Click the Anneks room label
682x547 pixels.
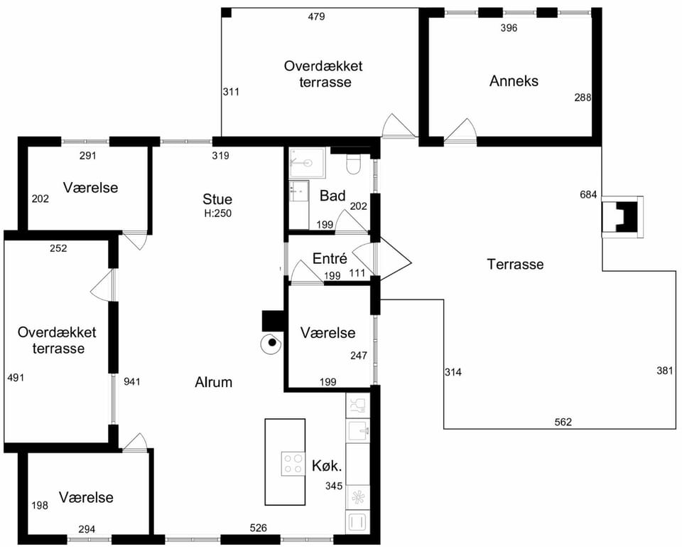[x=514, y=81]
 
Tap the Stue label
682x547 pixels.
[x=217, y=199]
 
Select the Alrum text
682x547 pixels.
[x=214, y=382]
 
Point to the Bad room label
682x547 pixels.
[x=332, y=196]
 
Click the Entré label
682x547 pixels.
[x=330, y=258]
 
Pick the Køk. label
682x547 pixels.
[x=327, y=466]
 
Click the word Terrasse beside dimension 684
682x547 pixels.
[x=516, y=264]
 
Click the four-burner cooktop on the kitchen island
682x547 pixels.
[x=293, y=463]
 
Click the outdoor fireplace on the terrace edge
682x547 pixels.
[x=622, y=217]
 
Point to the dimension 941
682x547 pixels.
[x=132, y=381]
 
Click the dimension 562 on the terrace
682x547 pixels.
[x=563, y=422]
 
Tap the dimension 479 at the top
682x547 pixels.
[x=316, y=16]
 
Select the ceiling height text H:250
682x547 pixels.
[x=218, y=213]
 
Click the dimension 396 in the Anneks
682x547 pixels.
[x=509, y=28]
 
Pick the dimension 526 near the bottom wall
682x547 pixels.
[x=258, y=528]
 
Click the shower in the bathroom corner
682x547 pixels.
[x=308, y=163]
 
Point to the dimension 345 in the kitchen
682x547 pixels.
[x=334, y=486]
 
